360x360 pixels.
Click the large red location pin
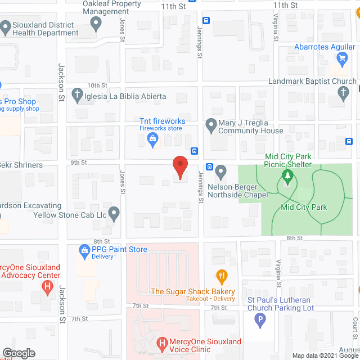click(179, 166)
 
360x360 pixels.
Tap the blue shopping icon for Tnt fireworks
click(152, 143)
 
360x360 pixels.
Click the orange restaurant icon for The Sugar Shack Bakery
click(222, 276)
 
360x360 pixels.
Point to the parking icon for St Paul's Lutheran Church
click(259, 321)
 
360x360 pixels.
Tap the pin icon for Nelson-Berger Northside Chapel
click(220, 170)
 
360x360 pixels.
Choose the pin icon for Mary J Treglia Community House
click(211, 125)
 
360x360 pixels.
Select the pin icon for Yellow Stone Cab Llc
click(114, 213)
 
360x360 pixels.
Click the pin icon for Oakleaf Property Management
click(96, 24)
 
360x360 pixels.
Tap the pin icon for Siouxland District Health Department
click(6, 26)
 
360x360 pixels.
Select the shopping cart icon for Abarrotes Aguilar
click(341, 57)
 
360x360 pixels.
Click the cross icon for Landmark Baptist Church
click(344, 94)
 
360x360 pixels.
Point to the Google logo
click(19, 353)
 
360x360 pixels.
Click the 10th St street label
click(97, 85)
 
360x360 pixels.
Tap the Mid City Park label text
click(304, 207)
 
